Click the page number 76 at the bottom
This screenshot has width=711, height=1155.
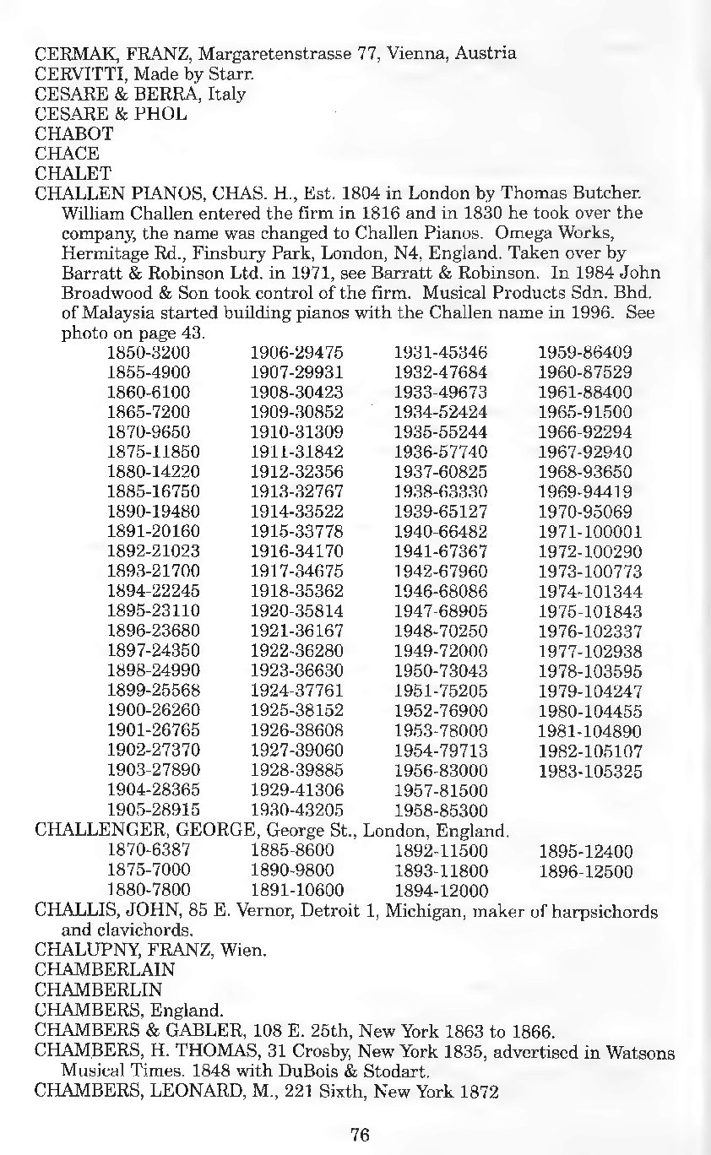[361, 1134]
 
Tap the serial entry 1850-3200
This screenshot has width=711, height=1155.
[149, 352]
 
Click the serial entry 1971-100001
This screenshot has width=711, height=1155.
[590, 532]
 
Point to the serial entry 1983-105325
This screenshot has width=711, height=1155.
[590, 771]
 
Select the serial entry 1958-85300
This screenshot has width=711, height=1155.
[441, 811]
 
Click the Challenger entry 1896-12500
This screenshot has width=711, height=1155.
[585, 870]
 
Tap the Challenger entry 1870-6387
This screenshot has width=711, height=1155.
[149, 851]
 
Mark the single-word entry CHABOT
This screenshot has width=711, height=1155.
[74, 133]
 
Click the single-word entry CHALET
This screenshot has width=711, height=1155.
[73, 173]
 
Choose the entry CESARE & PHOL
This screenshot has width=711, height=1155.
[111, 113]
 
